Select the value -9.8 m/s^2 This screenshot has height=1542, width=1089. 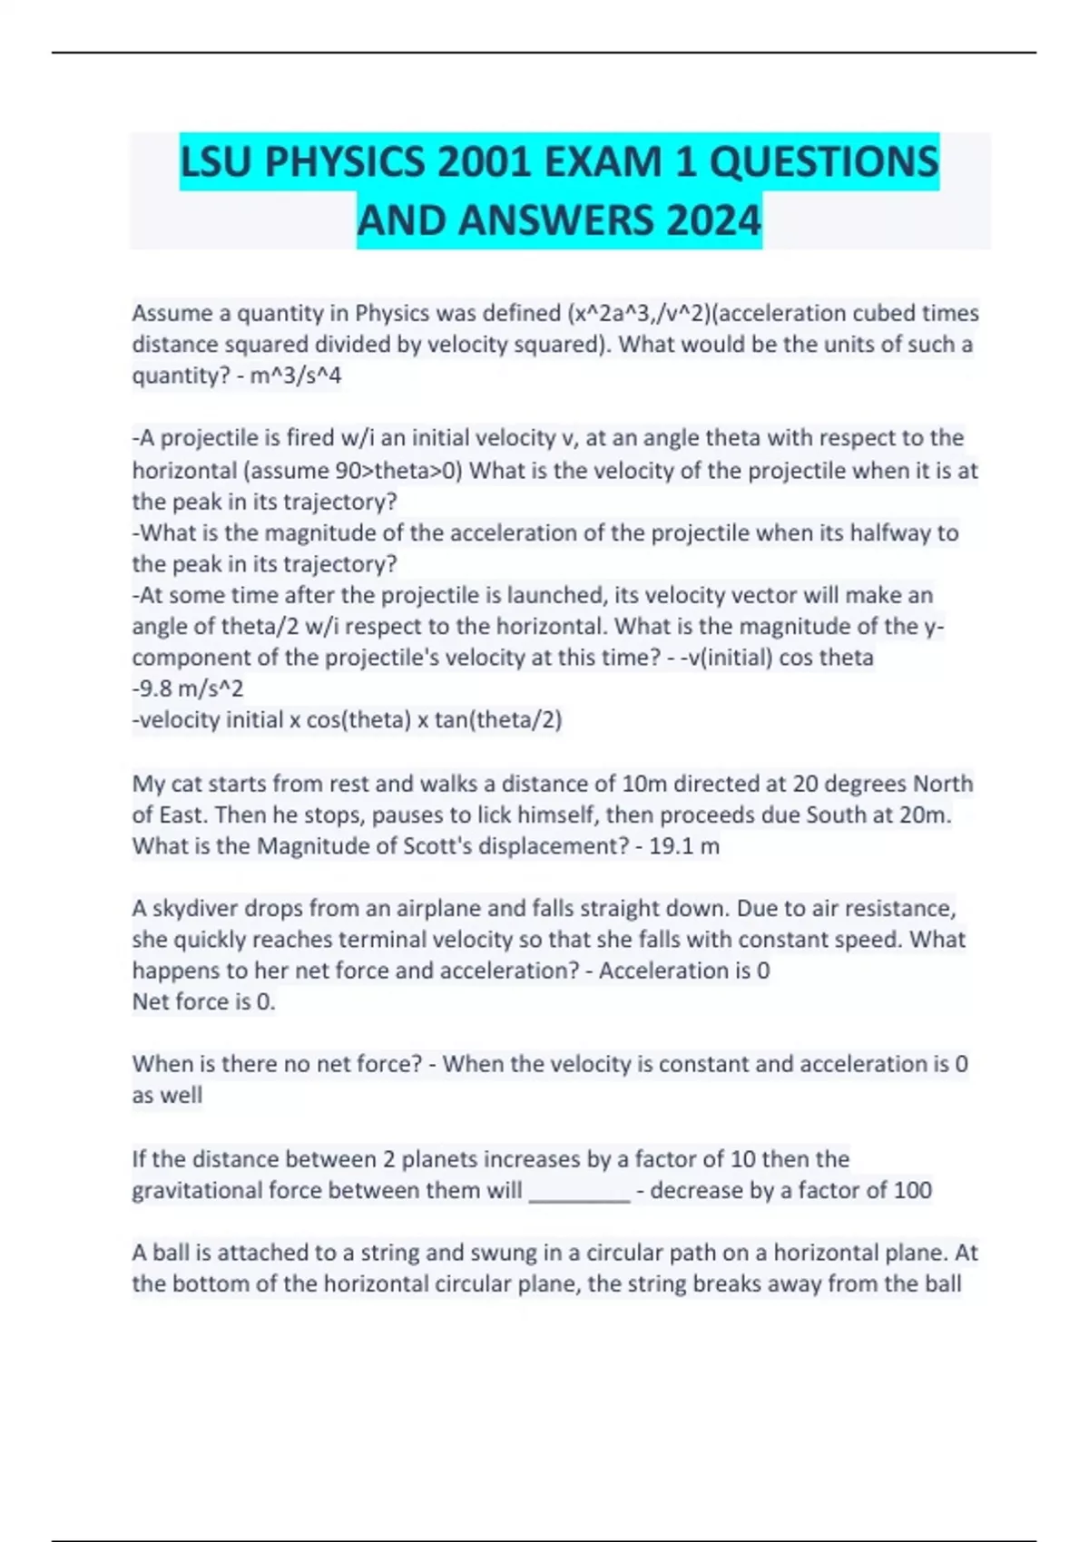(x=189, y=688)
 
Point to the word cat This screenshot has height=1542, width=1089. (x=181, y=784)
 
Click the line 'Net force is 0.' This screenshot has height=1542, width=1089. (x=203, y=1001)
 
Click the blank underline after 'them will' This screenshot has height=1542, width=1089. (x=579, y=1192)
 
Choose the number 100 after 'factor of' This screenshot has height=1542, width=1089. (x=912, y=1190)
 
